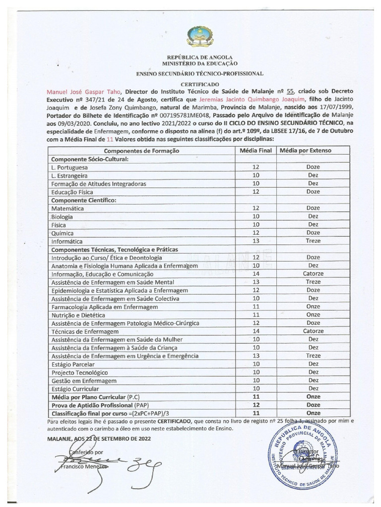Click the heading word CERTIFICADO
coord(199,85)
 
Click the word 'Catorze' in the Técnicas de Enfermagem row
coord(313,331)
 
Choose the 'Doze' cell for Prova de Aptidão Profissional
coord(313,405)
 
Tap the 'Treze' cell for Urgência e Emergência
coord(313,355)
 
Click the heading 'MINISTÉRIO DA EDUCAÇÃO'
coord(199,64)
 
